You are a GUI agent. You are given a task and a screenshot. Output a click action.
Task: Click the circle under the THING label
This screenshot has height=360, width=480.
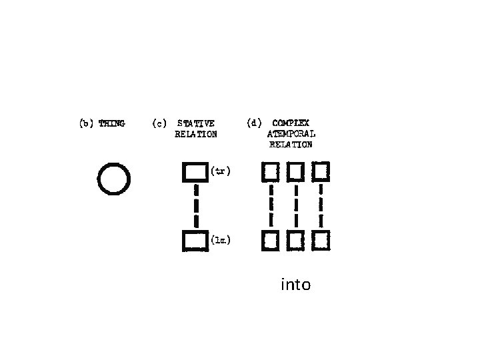[x=113, y=179]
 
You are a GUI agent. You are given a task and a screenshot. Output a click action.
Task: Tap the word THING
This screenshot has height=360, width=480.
[x=111, y=123]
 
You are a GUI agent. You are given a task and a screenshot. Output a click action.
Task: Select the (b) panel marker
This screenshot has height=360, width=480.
[x=87, y=123]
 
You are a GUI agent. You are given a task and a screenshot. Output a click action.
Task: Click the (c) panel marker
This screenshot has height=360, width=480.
[x=159, y=123]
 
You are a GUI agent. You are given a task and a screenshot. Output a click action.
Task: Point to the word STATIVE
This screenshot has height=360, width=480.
[x=196, y=123]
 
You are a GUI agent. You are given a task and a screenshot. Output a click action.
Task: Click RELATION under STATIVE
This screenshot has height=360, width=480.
[x=196, y=134]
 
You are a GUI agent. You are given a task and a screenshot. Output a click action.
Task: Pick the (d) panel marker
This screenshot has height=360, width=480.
[x=253, y=123]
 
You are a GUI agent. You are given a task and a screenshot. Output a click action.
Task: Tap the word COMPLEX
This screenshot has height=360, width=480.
[x=291, y=123]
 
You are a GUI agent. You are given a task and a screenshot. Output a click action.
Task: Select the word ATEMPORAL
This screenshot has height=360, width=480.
[x=291, y=133]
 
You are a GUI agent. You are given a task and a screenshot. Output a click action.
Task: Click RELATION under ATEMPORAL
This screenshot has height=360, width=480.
[x=291, y=144]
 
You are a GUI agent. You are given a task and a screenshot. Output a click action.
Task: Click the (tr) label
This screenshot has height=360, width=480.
[x=221, y=171]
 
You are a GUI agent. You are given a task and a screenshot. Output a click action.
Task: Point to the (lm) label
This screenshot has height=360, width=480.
[x=221, y=241]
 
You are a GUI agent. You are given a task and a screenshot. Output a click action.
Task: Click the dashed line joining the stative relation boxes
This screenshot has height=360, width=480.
[x=196, y=207]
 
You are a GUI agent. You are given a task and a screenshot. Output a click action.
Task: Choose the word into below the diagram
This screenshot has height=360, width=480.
[x=296, y=285]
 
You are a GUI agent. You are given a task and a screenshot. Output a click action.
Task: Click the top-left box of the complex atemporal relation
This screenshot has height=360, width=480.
[x=270, y=172]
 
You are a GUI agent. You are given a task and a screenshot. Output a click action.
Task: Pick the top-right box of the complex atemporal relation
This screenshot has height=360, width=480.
[x=321, y=172]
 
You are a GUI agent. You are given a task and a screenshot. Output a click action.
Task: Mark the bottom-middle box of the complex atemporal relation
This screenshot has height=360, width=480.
[x=295, y=240]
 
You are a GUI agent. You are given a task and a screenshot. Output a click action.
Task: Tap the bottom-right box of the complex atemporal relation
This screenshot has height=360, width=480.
[x=321, y=240]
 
